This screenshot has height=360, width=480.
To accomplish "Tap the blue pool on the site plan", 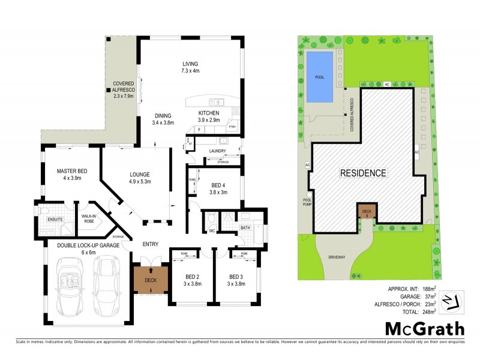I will [x=319, y=77].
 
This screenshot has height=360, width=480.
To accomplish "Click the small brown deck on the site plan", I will [x=365, y=211].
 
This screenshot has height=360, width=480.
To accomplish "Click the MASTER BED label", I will [x=72, y=172].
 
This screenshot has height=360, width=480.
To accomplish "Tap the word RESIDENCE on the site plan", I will [x=364, y=173].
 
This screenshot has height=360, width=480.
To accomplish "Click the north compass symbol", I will [x=448, y=300].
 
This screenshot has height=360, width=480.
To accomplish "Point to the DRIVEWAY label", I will [x=337, y=257].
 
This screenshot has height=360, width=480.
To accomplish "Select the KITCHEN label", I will [x=209, y=113].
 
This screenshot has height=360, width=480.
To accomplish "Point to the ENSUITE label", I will [x=55, y=219].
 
